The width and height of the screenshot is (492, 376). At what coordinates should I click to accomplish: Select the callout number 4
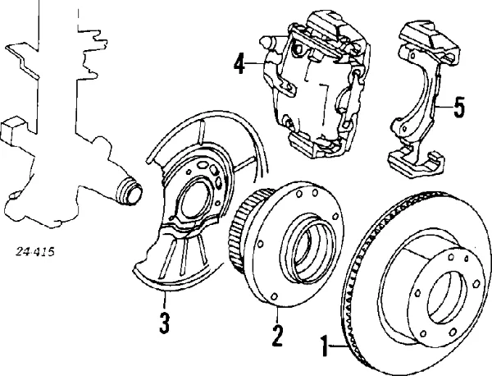click(x=239, y=63)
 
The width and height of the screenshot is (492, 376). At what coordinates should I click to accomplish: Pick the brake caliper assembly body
click(x=312, y=90)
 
